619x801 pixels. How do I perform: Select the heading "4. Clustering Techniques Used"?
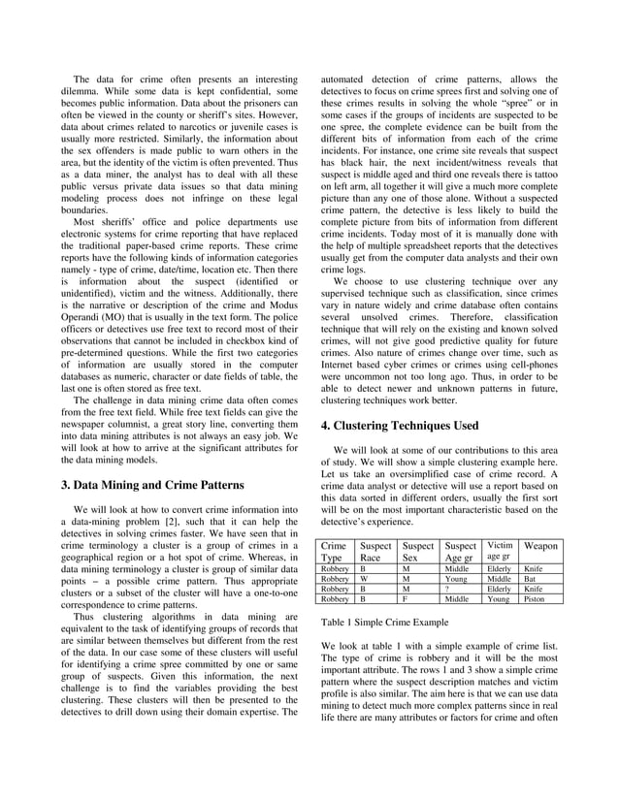[x=399, y=425]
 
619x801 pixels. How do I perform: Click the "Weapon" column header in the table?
[x=539, y=548]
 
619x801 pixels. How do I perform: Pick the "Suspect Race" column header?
[x=370, y=553]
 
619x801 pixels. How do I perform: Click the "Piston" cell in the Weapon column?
[x=534, y=599]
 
